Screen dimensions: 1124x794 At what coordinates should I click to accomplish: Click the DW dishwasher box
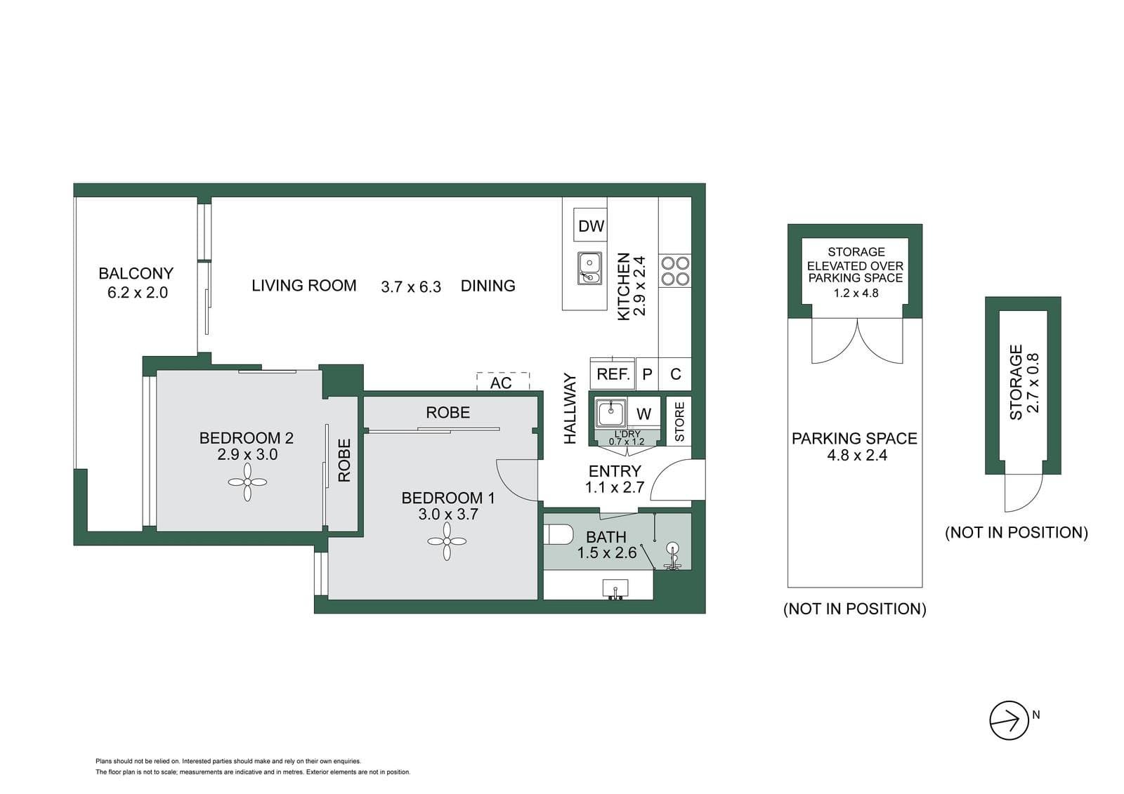pos(591,225)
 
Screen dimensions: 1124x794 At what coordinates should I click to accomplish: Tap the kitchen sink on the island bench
pos(589,268)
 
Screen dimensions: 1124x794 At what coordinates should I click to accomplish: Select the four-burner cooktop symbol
pos(675,271)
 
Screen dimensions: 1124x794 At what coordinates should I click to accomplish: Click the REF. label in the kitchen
pos(613,374)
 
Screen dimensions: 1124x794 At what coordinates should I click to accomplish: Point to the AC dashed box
pos(503,382)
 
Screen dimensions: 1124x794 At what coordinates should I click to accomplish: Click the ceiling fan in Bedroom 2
pos(247,482)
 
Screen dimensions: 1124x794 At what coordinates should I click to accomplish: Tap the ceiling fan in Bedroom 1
pos(447,541)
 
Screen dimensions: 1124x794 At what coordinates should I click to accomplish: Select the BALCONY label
pos(136,273)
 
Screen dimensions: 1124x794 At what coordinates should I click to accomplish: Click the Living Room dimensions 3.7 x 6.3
pos(411,287)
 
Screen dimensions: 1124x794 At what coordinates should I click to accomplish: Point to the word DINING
pos(488,286)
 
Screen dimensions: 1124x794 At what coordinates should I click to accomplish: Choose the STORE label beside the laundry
pos(679,421)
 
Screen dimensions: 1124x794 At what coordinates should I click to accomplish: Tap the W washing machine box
pos(643,413)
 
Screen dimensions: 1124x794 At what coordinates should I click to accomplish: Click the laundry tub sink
pos(610,413)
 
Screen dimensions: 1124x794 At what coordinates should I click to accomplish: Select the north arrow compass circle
pos(1009,720)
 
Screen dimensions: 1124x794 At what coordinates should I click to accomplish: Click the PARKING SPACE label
pos(854,438)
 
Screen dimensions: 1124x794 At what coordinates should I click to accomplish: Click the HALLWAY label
pos(570,409)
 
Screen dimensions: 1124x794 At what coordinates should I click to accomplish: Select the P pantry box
pos(647,373)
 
